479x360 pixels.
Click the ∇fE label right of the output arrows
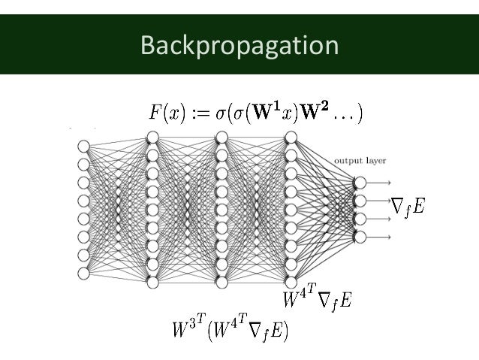pos(408,205)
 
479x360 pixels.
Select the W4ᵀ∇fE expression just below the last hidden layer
pos(316,301)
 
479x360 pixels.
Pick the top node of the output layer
pos(360,183)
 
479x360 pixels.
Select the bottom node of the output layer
pos(360,237)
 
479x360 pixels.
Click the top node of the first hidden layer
pos(152,137)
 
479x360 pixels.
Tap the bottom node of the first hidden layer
pos(152,282)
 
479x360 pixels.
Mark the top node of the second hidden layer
pos(221,137)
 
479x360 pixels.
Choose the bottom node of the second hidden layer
pos(221,282)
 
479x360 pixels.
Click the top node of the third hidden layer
pos(290,137)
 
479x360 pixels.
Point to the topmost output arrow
pos(380,183)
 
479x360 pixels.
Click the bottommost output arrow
pos(380,237)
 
